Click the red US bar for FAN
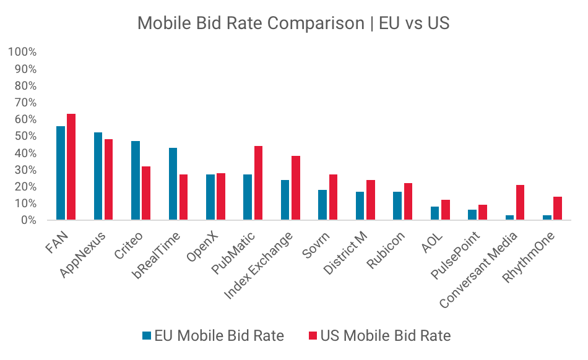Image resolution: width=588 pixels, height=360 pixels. tap(71, 167)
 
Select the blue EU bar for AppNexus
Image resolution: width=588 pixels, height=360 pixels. tap(98, 176)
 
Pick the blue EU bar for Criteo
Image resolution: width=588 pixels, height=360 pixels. tap(136, 181)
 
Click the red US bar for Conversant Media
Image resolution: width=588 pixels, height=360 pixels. tap(521, 203)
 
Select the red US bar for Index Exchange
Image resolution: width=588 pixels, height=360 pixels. tap(296, 188)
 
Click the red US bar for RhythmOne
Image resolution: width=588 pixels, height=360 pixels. tap(558, 208)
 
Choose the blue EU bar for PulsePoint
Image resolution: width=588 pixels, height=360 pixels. tap(472, 215)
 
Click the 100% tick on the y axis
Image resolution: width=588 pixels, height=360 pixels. tap(23, 51)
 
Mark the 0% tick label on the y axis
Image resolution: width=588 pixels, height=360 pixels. tap(28, 220)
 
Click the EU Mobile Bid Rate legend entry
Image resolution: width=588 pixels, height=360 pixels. tap(213, 336)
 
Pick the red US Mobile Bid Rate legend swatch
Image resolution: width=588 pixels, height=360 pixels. tap(312, 336)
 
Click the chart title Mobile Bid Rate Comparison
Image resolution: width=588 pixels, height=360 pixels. tap(293, 24)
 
